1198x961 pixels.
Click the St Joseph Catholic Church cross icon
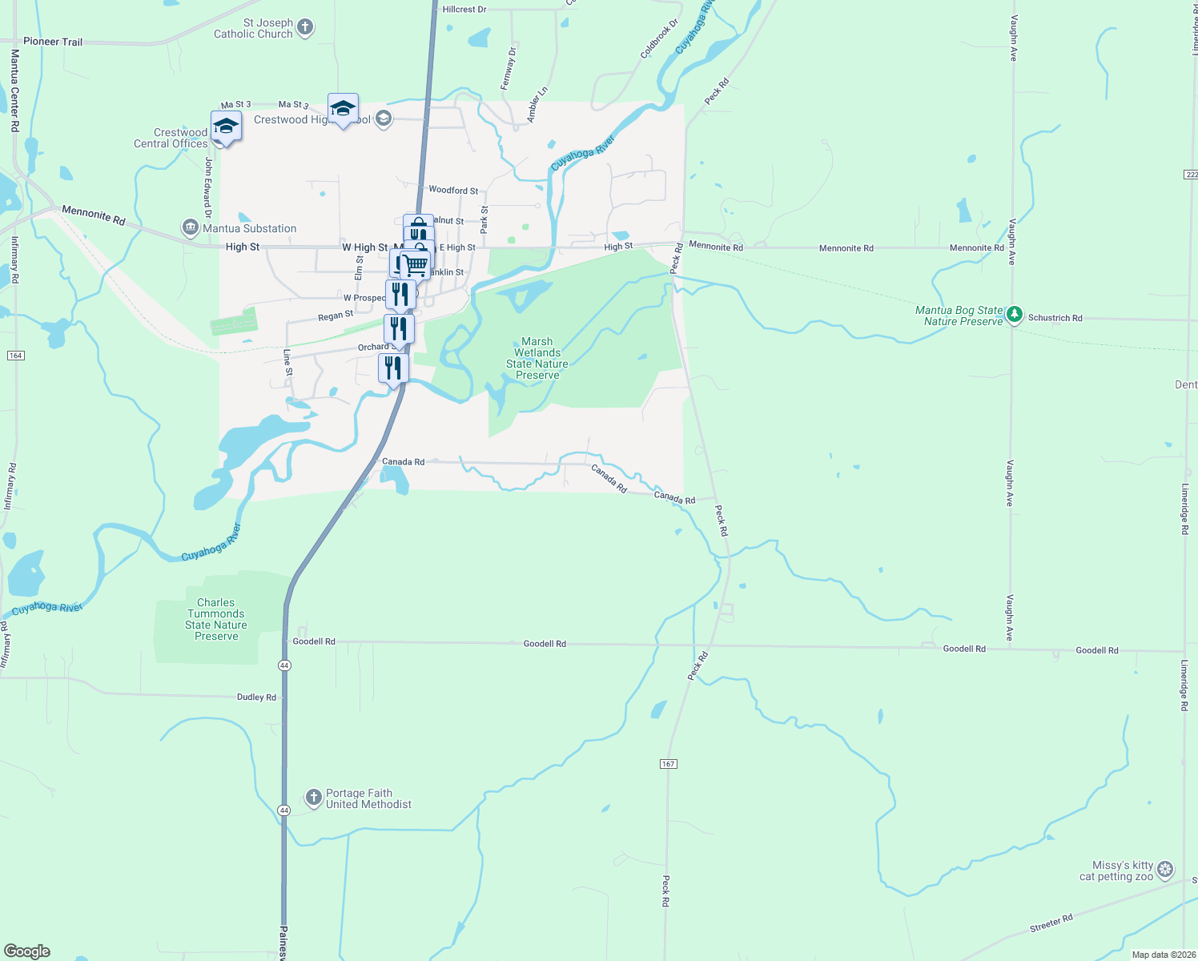click(x=305, y=28)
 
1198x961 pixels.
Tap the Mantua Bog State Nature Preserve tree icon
click(x=1015, y=315)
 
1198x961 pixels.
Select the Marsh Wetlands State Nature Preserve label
click(x=537, y=358)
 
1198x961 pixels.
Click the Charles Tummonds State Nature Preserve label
click(x=216, y=619)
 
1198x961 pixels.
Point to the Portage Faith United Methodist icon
click(x=314, y=798)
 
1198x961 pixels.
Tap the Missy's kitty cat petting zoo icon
click(x=1165, y=870)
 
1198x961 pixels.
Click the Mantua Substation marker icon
click(x=191, y=228)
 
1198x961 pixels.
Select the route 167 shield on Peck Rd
click(x=669, y=764)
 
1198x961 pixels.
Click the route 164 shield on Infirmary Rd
click(x=15, y=355)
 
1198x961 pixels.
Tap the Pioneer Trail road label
click(x=53, y=42)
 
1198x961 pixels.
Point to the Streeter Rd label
click(x=1051, y=923)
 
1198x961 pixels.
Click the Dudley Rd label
click(x=256, y=698)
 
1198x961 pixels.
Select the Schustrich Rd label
click(x=1055, y=318)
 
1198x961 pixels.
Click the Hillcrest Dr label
click(x=464, y=10)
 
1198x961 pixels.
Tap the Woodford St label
click(x=453, y=191)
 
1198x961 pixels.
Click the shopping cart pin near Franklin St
click(x=415, y=263)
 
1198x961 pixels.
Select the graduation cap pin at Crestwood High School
click(x=343, y=109)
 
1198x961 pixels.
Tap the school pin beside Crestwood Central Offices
click(x=226, y=127)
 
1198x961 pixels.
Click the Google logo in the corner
click(x=27, y=951)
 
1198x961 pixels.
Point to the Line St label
click(x=287, y=363)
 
